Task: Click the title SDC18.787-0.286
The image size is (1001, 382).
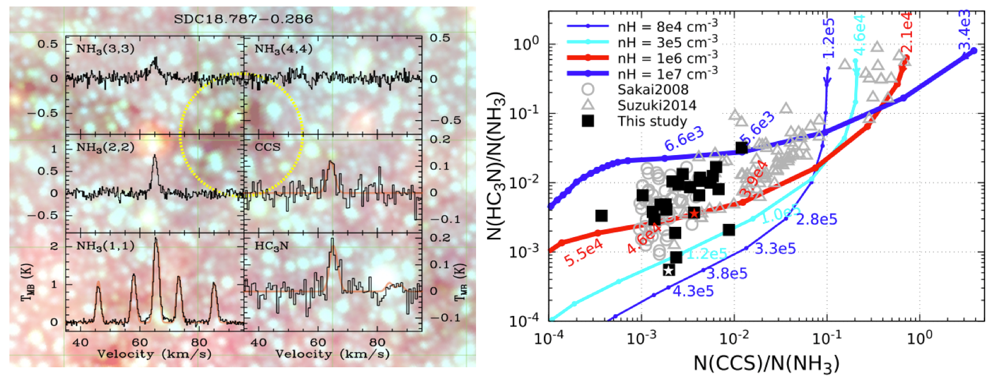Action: pyautogui.click(x=243, y=19)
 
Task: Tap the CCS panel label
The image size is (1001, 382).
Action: pyautogui.click(x=267, y=147)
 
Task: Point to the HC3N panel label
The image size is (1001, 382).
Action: pyautogui.click(x=272, y=246)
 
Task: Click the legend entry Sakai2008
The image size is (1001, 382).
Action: pyautogui.click(x=653, y=90)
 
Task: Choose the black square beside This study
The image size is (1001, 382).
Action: pyautogui.click(x=587, y=121)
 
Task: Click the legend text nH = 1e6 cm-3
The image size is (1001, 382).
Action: pyautogui.click(x=668, y=58)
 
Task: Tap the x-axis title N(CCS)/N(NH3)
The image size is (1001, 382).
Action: pyautogui.click(x=766, y=363)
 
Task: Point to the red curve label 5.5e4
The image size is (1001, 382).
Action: pyautogui.click(x=583, y=252)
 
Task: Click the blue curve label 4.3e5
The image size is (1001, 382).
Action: pyautogui.click(x=693, y=291)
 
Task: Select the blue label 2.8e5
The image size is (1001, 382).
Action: pyautogui.click(x=816, y=219)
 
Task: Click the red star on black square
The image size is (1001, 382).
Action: pyautogui.click(x=694, y=213)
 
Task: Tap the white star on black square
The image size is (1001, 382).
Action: pyautogui.click(x=668, y=270)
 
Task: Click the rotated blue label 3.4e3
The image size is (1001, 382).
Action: pyautogui.click(x=964, y=31)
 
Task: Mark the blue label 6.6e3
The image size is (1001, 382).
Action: pyautogui.click(x=683, y=140)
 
